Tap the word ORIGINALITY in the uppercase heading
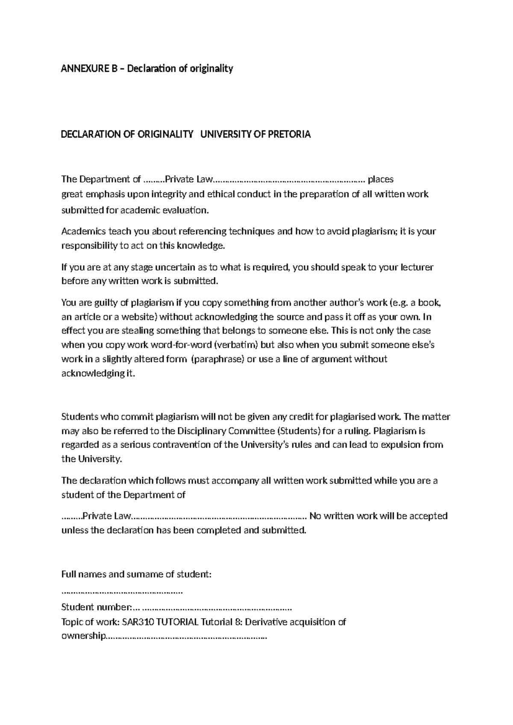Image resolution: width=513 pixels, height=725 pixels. [x=165, y=135]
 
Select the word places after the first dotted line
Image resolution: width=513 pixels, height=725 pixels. [x=380, y=179]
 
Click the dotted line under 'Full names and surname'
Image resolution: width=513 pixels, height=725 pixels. [x=122, y=592]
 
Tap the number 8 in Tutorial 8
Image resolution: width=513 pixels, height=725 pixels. [x=238, y=622]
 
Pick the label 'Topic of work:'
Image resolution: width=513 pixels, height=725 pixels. [x=90, y=622]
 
